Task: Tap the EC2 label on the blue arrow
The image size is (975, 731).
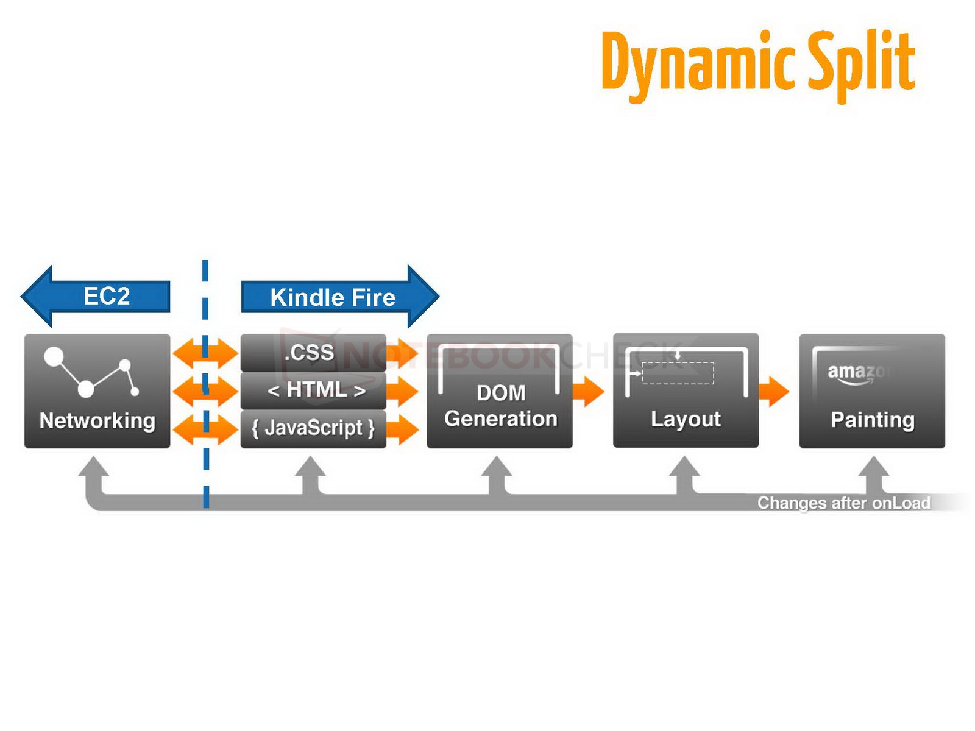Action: click(107, 297)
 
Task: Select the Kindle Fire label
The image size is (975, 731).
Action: click(333, 298)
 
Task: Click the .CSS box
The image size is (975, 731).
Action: click(313, 353)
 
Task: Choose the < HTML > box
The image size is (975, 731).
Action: click(316, 390)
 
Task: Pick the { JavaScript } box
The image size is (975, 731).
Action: click(313, 428)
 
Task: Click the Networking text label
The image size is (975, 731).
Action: click(97, 421)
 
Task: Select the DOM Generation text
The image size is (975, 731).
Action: click(500, 406)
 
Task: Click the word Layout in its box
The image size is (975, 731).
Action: click(686, 420)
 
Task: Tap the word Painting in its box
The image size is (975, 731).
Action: click(872, 420)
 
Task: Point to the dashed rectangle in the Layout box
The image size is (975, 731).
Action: click(678, 373)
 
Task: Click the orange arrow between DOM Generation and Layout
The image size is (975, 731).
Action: click(588, 391)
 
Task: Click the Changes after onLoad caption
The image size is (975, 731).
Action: click(843, 503)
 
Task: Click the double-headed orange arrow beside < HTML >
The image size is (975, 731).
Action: click(205, 391)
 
